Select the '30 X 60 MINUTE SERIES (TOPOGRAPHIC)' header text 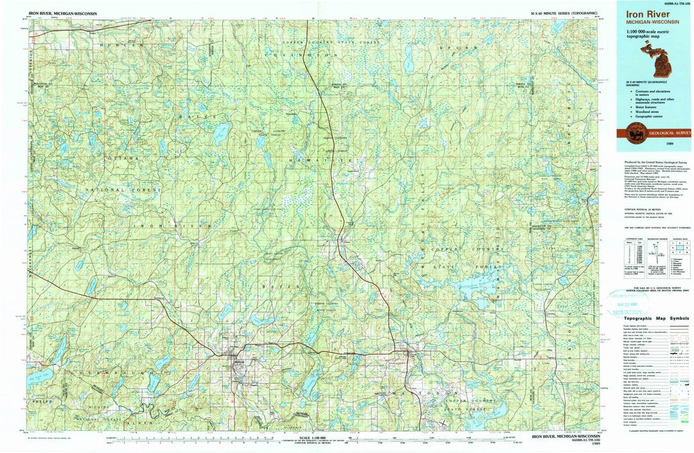coord(564,13)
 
